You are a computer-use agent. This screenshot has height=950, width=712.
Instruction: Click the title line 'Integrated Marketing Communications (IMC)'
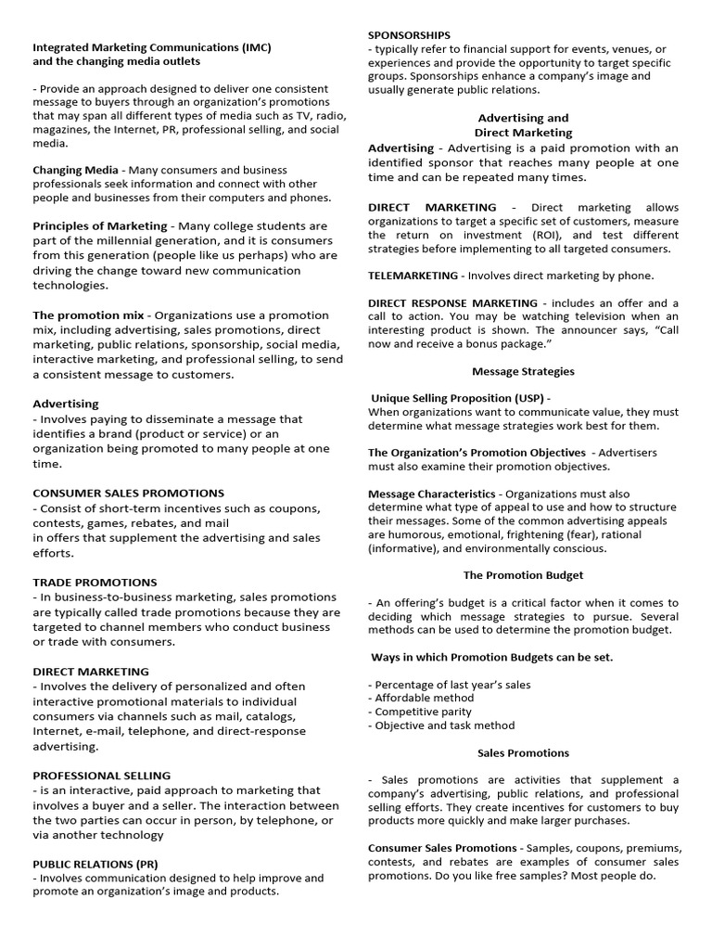[152, 46]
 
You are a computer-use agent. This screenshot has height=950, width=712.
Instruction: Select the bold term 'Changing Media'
[76, 170]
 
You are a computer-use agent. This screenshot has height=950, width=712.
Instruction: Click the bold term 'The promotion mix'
[88, 315]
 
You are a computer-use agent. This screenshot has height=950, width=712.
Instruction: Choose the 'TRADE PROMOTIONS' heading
[95, 583]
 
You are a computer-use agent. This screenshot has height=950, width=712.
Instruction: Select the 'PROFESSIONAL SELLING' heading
[102, 776]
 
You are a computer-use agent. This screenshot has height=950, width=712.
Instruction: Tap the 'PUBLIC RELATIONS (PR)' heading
[95, 864]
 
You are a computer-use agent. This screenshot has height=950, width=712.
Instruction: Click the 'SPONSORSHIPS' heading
[409, 35]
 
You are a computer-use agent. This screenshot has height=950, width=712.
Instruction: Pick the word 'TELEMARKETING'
[413, 276]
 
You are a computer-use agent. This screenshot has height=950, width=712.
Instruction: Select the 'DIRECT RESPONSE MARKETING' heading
[452, 303]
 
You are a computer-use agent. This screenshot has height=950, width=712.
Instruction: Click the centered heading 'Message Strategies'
[523, 371]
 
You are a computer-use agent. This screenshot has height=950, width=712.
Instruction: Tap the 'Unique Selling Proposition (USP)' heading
[458, 398]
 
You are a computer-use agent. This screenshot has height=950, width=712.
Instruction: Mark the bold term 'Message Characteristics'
[431, 494]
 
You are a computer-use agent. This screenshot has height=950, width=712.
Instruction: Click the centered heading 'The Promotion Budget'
[523, 575]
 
